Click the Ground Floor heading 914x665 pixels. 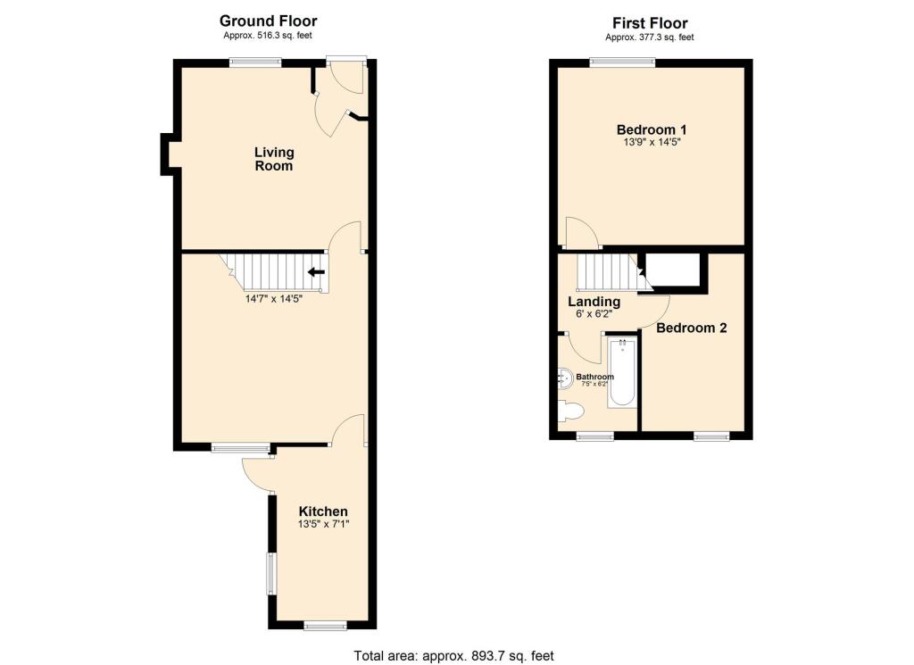268,21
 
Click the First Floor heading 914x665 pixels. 650,23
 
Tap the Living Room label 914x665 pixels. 274,159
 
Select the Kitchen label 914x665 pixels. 323,511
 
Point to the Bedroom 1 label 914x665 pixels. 650,129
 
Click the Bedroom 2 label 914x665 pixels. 692,328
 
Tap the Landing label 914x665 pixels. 594,302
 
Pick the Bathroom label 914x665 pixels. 594,377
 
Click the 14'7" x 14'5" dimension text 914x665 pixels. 274,299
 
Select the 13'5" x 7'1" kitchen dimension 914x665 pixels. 323,525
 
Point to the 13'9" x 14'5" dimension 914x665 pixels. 650,142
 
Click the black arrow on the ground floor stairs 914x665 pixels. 316,272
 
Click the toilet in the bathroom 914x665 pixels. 569,411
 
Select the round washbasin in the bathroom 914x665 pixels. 565,378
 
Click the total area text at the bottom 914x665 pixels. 454,655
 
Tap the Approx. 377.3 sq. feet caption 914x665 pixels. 650,37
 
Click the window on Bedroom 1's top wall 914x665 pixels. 623,62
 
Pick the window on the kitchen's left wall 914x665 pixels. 271,573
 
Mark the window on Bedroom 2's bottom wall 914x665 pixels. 711,436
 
